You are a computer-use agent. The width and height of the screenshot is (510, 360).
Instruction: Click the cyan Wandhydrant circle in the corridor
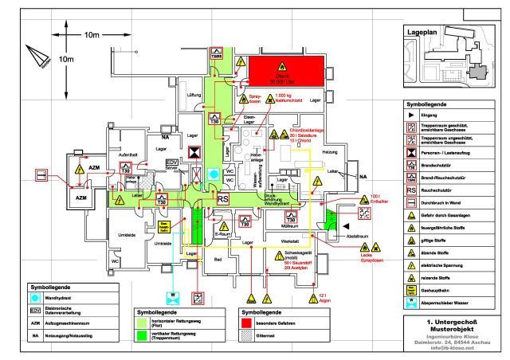point(213,173)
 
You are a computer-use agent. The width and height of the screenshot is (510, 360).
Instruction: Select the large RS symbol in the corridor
point(224,199)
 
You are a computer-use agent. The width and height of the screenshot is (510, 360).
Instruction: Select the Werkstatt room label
point(290,241)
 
